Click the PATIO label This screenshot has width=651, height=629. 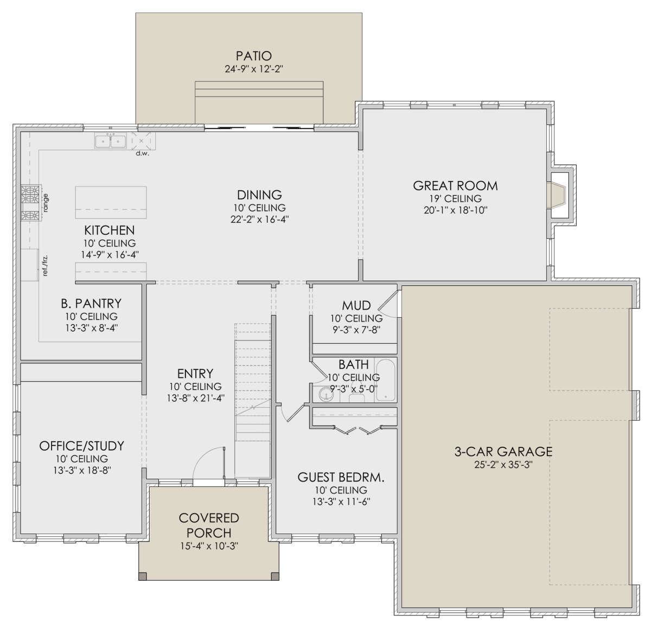click(253, 56)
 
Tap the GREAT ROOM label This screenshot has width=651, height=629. click(455, 185)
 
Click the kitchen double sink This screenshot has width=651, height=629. click(111, 141)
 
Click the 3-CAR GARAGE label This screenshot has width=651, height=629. click(503, 451)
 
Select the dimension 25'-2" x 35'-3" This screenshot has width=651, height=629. click(503, 465)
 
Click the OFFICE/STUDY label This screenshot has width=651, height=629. click(81, 446)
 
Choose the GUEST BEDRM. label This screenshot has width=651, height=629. click(341, 477)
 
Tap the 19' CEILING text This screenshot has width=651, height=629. click(455, 198)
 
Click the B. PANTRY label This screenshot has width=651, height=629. click(91, 303)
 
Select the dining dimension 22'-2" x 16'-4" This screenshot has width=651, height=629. click(259, 219)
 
